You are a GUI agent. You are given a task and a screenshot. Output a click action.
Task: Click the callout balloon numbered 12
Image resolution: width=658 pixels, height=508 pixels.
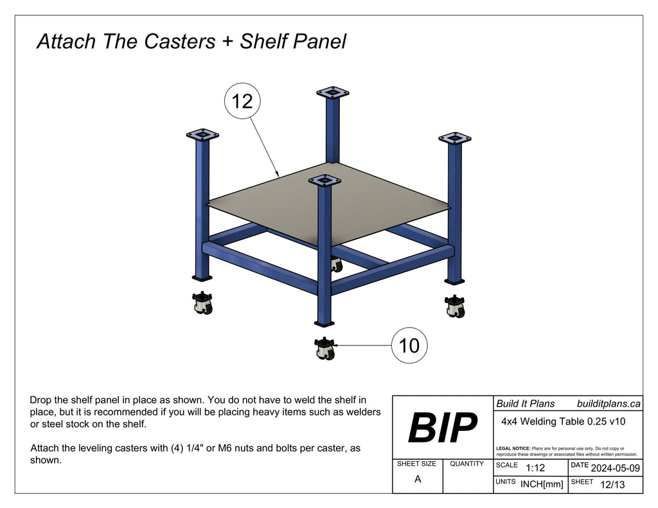click(x=242, y=102)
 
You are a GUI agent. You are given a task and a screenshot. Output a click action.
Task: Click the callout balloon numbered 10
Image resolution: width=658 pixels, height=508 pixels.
click(x=409, y=346)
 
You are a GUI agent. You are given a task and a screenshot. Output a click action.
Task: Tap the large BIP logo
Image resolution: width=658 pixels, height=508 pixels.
click(x=443, y=427)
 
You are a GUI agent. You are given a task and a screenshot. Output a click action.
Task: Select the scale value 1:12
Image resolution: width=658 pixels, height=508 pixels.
click(x=535, y=468)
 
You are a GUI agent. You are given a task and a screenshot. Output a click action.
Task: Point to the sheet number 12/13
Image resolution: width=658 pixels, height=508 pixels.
click(x=610, y=484)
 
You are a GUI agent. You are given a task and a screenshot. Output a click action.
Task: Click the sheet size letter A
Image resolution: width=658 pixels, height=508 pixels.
click(x=418, y=479)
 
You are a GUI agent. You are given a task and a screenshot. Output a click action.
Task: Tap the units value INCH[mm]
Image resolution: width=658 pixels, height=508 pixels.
click(x=541, y=484)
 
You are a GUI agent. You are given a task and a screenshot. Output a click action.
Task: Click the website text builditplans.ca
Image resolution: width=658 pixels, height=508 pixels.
click(x=609, y=403)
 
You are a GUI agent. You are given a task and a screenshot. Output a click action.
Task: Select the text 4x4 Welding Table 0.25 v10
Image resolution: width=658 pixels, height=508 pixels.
click(x=563, y=422)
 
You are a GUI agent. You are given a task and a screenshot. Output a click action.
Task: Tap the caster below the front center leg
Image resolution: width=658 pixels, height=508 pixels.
click(x=325, y=349)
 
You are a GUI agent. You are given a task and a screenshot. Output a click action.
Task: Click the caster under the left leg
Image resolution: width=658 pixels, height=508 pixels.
click(x=202, y=302)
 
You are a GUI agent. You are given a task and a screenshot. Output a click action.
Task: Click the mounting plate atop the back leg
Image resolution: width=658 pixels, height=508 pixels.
click(x=333, y=92)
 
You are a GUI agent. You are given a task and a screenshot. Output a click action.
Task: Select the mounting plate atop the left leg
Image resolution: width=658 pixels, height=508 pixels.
click(x=202, y=135)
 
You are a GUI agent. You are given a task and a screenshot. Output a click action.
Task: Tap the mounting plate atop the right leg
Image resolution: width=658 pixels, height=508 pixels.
click(x=455, y=138)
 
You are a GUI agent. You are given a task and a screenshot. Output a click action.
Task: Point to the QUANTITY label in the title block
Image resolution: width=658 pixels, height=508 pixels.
click(x=467, y=464)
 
